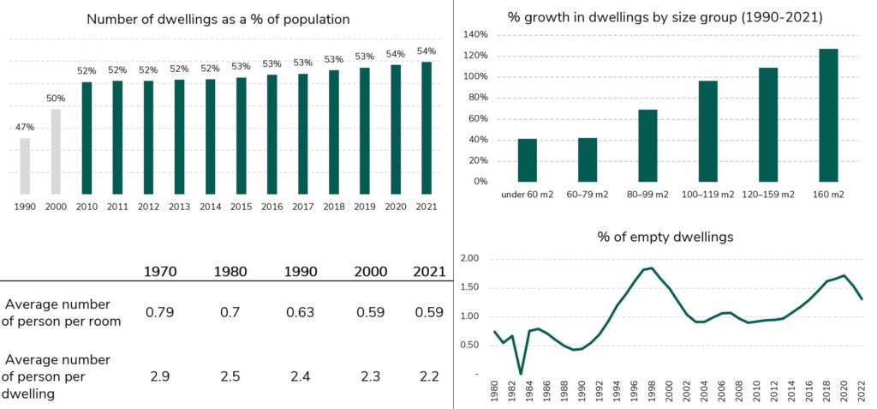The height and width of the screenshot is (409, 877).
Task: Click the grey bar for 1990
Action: (x=25, y=166)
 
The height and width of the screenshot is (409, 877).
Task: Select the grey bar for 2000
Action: (x=56, y=152)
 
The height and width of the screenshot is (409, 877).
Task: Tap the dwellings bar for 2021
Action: (x=427, y=129)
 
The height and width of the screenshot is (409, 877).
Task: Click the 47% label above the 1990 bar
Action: (x=25, y=127)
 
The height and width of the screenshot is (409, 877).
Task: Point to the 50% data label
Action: (x=56, y=99)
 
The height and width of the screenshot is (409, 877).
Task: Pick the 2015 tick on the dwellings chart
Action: (x=241, y=208)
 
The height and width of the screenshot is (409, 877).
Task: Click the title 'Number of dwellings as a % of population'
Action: (x=218, y=19)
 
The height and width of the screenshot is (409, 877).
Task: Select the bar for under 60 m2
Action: (x=528, y=160)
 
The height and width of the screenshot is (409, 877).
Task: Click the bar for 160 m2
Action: (x=828, y=116)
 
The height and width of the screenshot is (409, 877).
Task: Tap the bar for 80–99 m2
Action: (x=647, y=146)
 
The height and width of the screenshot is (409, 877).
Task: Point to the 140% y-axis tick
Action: (x=475, y=35)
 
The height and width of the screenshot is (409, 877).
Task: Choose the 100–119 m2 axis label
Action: (x=708, y=195)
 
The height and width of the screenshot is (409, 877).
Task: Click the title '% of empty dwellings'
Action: (x=665, y=237)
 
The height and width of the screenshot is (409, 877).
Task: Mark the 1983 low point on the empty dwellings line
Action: (x=521, y=374)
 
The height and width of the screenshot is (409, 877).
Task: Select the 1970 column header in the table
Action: (x=160, y=273)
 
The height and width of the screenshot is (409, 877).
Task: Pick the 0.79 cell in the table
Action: (x=159, y=313)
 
